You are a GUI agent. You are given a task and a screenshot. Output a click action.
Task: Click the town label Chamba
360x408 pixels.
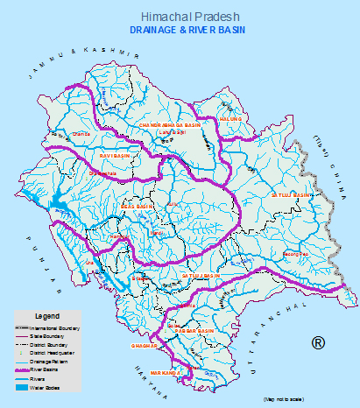coord(81,134)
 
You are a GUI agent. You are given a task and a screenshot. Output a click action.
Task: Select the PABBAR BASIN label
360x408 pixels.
coord(194,331)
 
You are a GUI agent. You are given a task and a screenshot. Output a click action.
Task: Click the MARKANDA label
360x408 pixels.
coord(166,372)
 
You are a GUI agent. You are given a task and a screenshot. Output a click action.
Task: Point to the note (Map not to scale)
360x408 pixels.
coord(283,398)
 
